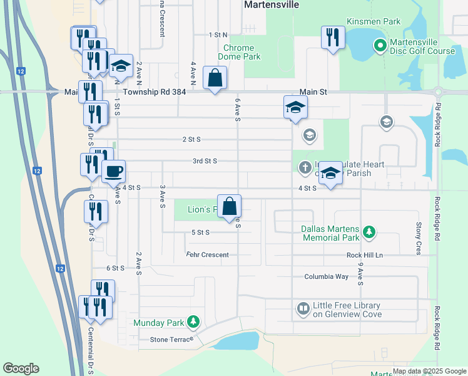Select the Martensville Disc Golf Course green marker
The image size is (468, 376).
(379, 46)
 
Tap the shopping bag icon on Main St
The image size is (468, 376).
(215, 78)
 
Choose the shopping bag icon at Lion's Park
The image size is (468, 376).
(229, 206)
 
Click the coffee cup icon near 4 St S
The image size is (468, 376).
(113, 171)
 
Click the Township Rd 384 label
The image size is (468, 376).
(155, 91)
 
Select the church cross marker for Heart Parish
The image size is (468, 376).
(304, 167)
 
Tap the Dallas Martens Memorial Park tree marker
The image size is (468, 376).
(369, 232)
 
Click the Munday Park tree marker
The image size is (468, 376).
(193, 322)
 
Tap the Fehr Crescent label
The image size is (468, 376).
(207, 254)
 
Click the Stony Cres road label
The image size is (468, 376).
(419, 238)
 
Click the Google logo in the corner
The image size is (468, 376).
(21, 368)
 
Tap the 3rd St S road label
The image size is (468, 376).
(205, 161)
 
